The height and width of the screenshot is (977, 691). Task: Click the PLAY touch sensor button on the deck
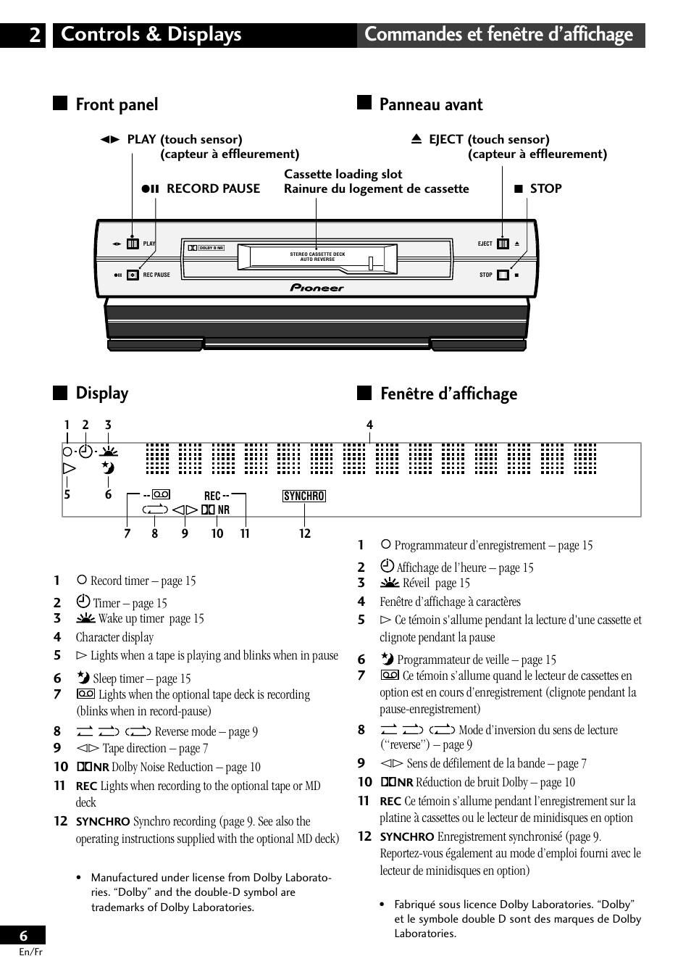point(133,244)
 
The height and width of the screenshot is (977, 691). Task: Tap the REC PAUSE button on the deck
point(133,275)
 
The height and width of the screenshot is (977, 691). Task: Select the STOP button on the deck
point(503,275)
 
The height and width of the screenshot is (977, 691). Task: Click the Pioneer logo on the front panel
point(317,288)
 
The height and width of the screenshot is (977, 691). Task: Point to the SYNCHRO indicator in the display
point(304,496)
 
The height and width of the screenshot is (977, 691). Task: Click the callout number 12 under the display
point(305,533)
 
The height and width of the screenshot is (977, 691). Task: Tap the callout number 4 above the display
point(369,425)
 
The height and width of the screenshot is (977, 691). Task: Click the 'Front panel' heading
point(117,105)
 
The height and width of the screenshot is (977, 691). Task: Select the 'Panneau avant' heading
point(431,105)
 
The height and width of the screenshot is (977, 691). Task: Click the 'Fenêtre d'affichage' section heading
point(448,394)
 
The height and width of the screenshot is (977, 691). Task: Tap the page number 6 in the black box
point(23,936)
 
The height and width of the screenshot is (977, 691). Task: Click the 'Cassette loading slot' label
point(343,174)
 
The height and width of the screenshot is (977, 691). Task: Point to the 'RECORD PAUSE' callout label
point(213,188)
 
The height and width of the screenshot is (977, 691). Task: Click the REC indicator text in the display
point(212,496)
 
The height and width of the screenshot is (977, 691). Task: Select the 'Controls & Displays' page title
point(151,35)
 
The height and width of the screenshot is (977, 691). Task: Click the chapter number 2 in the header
point(35,35)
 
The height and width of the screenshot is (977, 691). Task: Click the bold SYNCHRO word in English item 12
point(103,822)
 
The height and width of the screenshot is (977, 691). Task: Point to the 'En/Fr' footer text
point(31,952)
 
